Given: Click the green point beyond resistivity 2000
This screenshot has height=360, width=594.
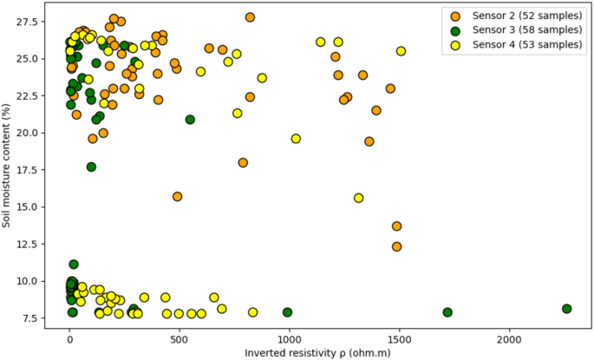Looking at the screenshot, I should click(566, 309).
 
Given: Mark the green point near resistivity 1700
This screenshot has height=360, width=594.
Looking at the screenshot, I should click(447, 312).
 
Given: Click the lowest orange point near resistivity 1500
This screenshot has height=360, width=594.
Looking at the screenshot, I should click(397, 247).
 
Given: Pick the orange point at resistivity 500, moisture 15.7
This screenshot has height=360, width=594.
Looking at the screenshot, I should click(177, 197).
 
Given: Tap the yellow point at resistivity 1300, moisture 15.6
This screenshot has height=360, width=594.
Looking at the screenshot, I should click(358, 198).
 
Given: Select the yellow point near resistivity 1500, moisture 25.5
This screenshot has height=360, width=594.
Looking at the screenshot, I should click(401, 51).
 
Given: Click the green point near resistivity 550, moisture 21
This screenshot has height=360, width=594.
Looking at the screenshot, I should click(190, 120).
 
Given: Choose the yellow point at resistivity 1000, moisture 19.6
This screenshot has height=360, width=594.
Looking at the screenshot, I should click(296, 139).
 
